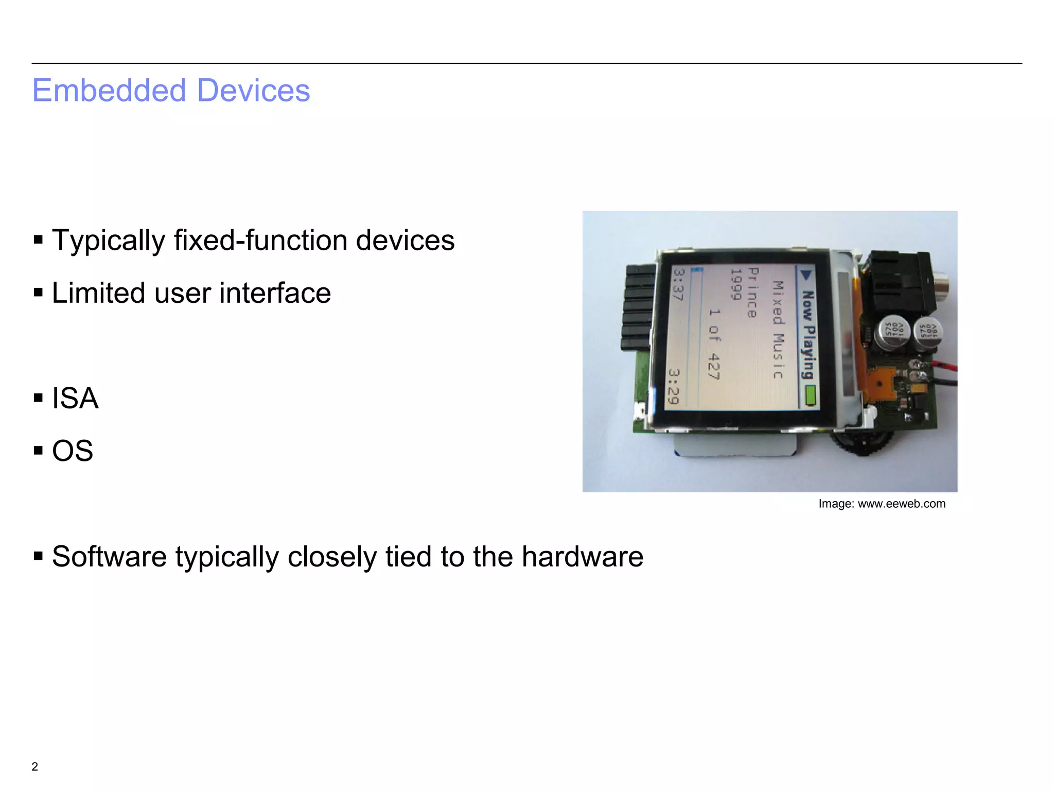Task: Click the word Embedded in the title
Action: [x=109, y=91]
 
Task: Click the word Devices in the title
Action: [x=253, y=91]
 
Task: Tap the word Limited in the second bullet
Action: [x=98, y=293]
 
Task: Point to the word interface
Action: [x=275, y=293]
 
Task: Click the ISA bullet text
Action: [x=75, y=398]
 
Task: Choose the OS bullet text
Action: [x=73, y=451]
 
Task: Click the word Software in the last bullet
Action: [x=109, y=557]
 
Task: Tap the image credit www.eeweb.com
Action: [x=901, y=504]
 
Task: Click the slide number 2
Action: [x=34, y=766]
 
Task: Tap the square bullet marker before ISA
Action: [x=38, y=398]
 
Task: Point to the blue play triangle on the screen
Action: [x=806, y=274]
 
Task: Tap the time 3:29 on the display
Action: [x=674, y=386]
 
